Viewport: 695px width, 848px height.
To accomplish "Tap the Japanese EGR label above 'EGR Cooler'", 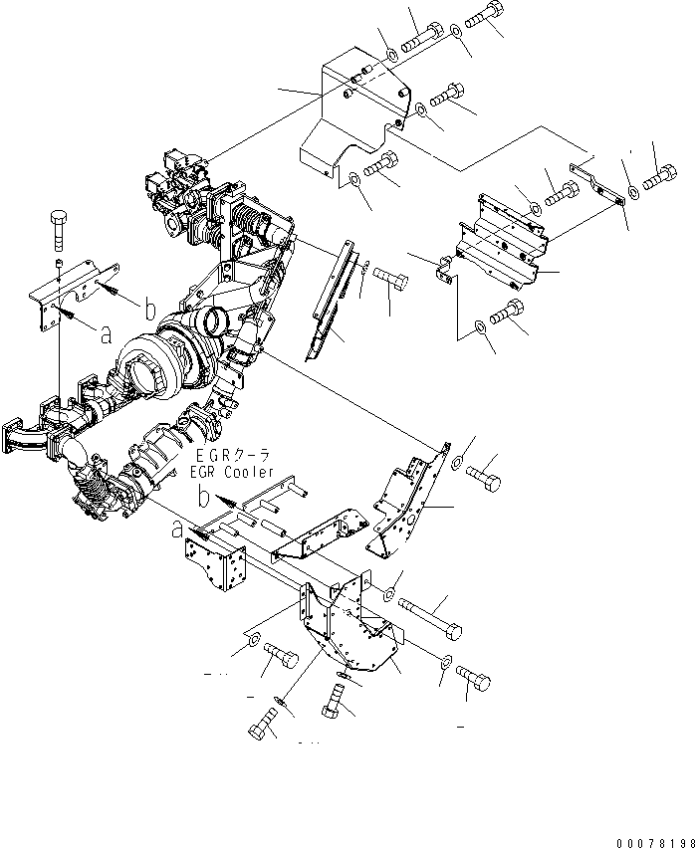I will [231, 456].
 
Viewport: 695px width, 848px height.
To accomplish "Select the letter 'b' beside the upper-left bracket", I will [149, 310].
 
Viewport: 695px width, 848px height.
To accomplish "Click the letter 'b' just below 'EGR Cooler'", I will [203, 495].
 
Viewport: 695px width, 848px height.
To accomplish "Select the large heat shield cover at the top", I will [353, 119].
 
